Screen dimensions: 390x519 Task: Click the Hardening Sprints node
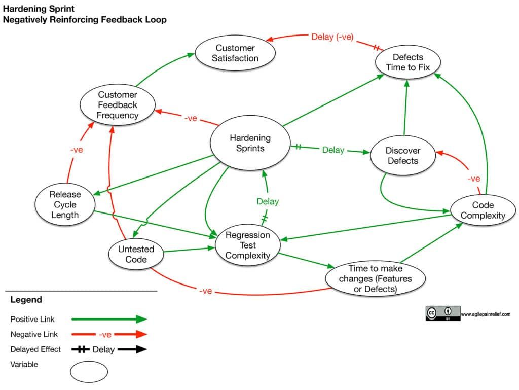click(250, 143)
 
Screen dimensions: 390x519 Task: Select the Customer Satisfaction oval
click(236, 53)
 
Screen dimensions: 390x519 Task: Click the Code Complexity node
click(483, 210)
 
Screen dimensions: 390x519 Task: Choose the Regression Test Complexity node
click(247, 245)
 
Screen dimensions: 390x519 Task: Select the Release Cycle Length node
click(64, 204)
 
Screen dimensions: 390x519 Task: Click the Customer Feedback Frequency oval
click(118, 105)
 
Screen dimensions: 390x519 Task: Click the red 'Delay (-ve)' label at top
click(332, 37)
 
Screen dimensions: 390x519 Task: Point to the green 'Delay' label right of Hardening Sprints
click(333, 150)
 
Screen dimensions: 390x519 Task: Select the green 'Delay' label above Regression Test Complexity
click(268, 201)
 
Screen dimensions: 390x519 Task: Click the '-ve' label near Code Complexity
click(473, 179)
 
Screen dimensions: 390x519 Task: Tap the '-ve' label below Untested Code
click(205, 291)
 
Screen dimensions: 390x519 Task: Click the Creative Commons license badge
click(442, 313)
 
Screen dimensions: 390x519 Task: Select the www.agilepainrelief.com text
click(486, 314)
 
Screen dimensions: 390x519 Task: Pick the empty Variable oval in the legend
click(89, 371)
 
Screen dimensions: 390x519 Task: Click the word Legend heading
click(26, 300)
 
